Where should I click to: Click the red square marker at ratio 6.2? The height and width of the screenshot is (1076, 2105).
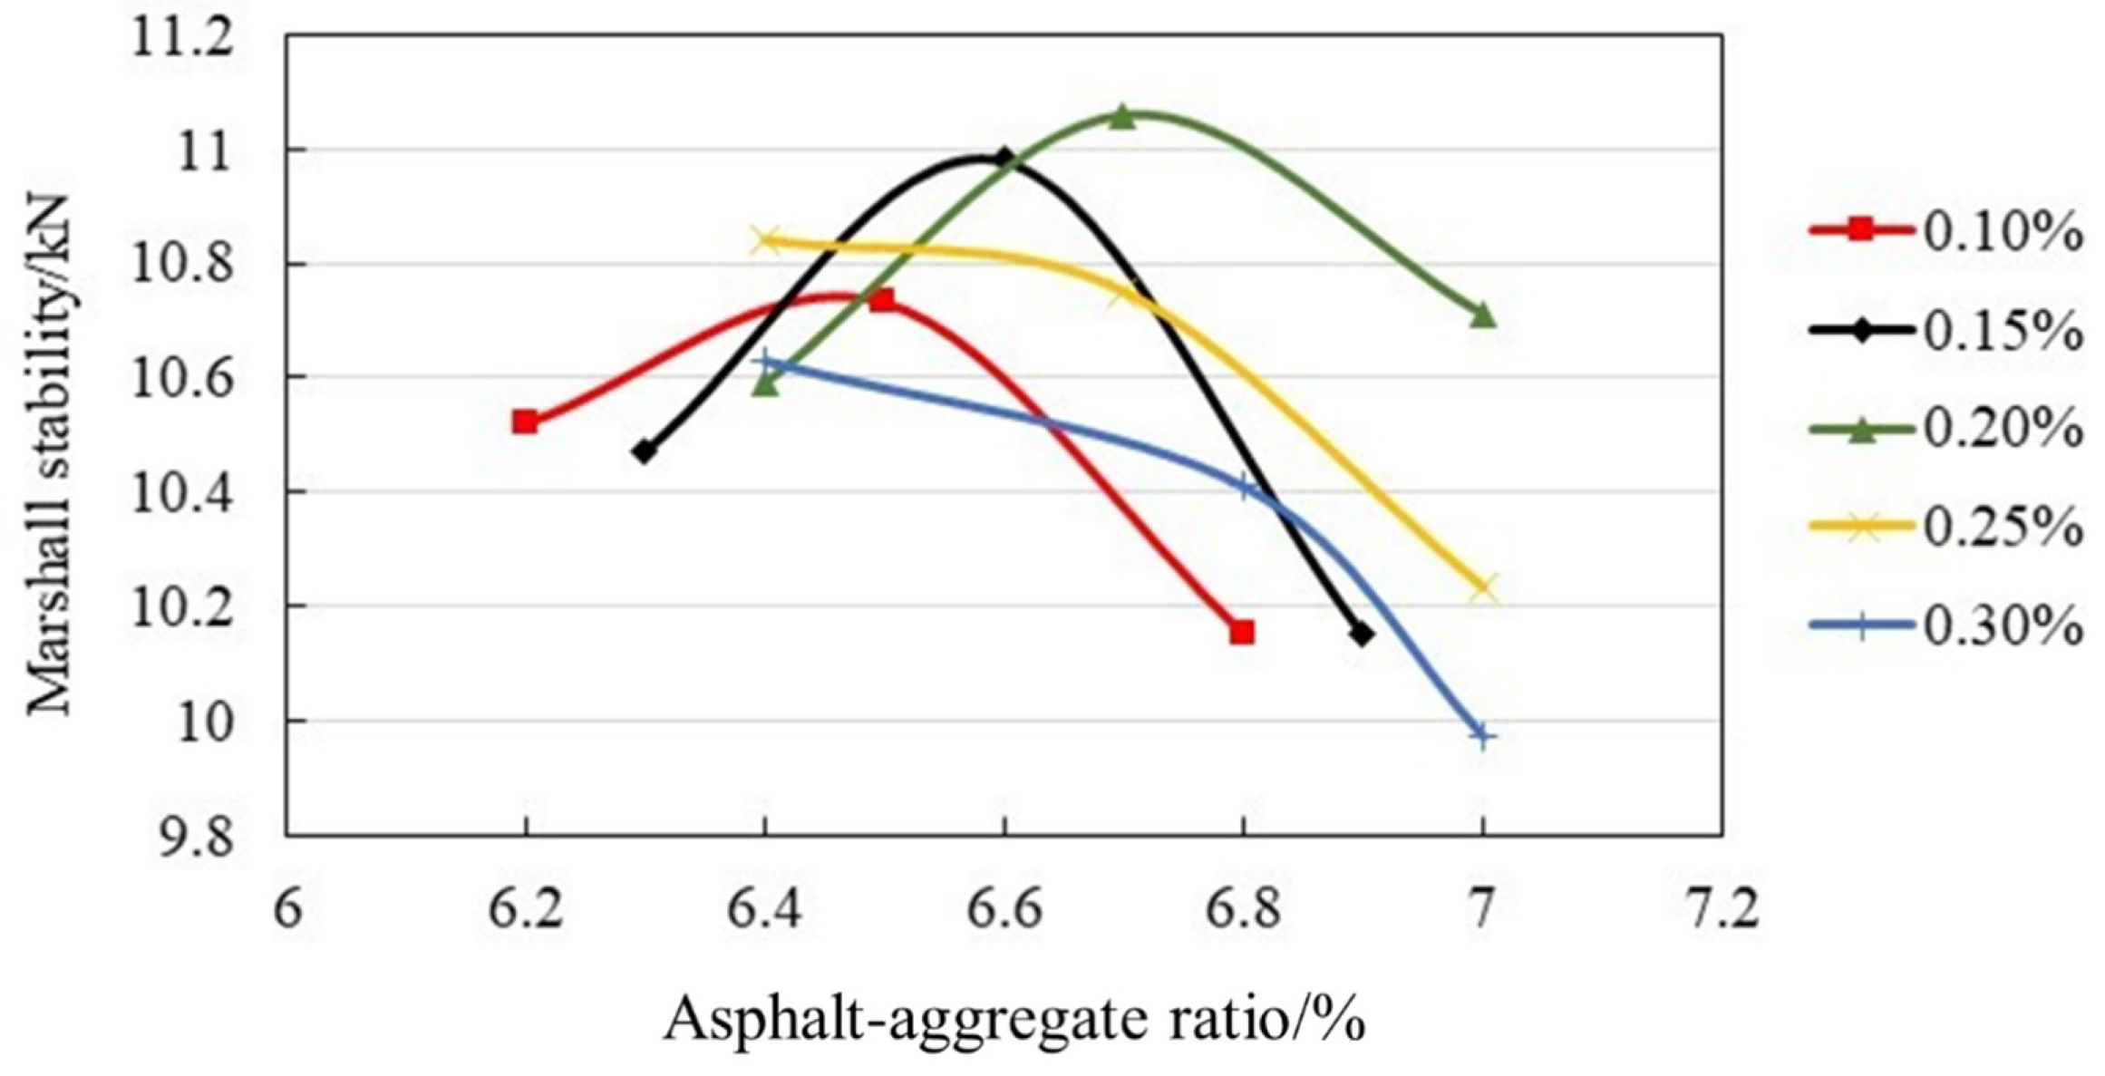point(524,422)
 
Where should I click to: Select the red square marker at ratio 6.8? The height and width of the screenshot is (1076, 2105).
point(1242,632)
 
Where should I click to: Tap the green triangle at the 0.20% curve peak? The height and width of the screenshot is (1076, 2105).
point(1122,117)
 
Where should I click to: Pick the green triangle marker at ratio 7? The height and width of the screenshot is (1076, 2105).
point(1482,315)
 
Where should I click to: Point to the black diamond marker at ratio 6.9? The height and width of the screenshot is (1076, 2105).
point(1362,635)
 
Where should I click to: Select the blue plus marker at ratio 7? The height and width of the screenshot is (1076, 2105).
point(1482,735)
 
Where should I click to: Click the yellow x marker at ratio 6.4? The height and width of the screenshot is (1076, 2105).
point(765,241)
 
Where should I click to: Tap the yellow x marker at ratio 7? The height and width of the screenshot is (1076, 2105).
point(1482,588)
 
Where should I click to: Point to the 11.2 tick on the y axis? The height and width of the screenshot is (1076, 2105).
point(181,41)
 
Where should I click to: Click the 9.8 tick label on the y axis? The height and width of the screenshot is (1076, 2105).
point(195,839)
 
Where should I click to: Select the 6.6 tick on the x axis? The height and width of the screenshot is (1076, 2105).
point(1004,910)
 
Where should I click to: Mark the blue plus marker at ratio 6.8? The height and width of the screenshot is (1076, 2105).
point(1244,487)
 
